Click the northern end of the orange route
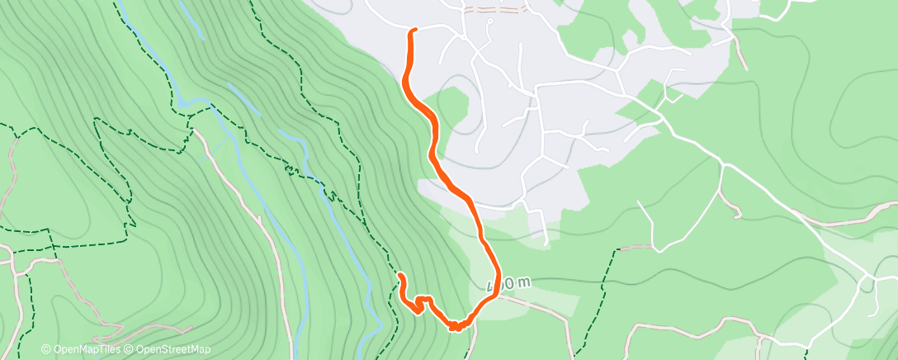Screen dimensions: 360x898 pos(413,31)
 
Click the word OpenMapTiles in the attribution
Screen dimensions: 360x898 pos(86,349)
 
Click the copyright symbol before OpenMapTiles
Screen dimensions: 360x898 pos(45,349)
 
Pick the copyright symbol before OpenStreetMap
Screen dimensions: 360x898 pos(131,349)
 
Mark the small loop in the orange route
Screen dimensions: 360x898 pos(423,302)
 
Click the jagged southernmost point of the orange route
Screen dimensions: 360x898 pos(455,328)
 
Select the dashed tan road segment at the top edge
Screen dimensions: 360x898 pos(495,11)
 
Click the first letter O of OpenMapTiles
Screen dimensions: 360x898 pos(56,349)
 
